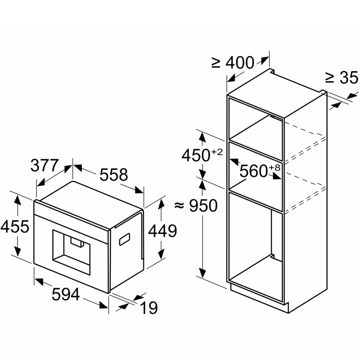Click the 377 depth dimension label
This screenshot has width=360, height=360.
(x=45, y=166)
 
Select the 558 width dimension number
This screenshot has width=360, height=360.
(x=113, y=175)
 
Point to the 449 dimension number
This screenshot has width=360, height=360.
(x=163, y=231)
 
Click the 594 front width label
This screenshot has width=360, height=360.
(x=65, y=294)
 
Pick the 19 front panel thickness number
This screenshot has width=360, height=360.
(x=149, y=308)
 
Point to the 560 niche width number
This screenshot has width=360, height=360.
(x=254, y=171)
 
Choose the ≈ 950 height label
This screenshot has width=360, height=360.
(x=196, y=205)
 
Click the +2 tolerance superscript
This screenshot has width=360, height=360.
(x=217, y=152)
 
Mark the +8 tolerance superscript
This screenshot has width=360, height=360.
(x=274, y=167)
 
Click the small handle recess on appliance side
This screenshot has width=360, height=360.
(x=124, y=238)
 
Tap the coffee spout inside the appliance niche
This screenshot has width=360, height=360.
(x=76, y=242)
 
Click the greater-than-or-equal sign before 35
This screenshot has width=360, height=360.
(x=329, y=77)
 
